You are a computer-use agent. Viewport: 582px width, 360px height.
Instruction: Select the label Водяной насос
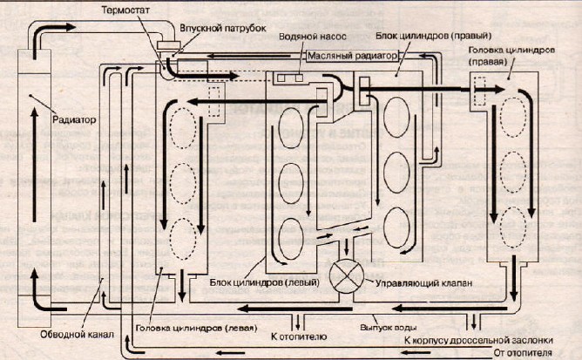[307, 39]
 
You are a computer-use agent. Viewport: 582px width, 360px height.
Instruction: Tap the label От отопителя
[541, 353]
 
